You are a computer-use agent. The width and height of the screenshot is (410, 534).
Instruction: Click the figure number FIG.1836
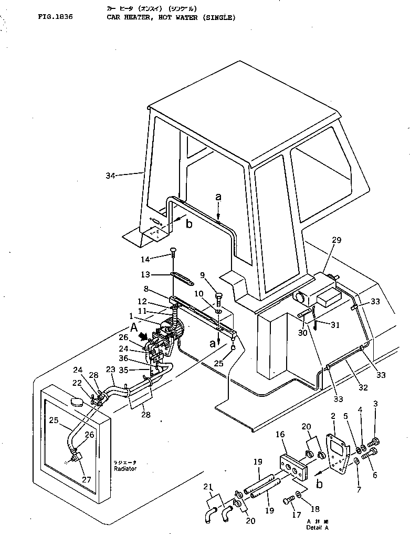coord(55,17)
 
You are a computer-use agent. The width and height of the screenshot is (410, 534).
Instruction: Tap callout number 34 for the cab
coord(111,176)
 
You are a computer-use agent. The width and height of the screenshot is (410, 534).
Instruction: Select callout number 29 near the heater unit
coord(336,240)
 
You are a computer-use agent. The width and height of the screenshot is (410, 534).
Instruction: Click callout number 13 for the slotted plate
coord(146,274)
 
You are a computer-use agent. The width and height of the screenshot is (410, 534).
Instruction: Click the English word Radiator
coord(125,468)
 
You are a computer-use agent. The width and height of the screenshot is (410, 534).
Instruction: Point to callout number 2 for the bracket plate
coord(333,416)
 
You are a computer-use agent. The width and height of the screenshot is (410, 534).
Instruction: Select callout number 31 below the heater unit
coord(335,325)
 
